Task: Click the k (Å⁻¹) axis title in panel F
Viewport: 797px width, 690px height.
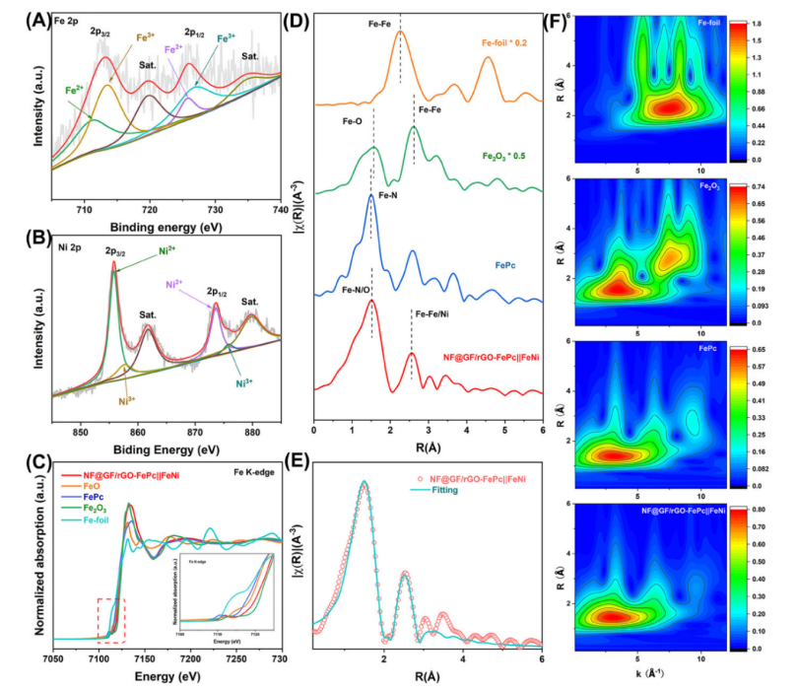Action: [x=656, y=680]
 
